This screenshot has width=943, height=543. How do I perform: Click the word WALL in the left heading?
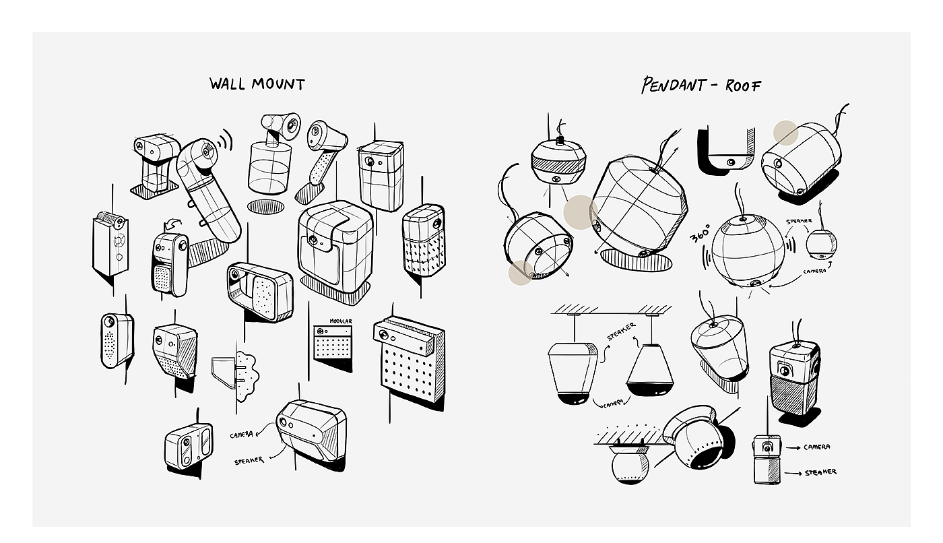(227, 84)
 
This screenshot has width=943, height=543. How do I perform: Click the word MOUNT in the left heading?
(278, 84)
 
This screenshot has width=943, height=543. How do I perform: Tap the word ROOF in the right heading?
(743, 86)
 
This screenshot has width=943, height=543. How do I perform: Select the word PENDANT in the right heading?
(673, 85)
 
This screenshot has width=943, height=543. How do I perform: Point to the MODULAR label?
(341, 321)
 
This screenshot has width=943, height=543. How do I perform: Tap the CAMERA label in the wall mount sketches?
(242, 435)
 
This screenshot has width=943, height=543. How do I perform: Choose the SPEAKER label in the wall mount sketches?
(249, 461)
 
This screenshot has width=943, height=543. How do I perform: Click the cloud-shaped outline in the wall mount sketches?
(247, 377)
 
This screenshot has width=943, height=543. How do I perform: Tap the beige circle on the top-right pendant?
(785, 133)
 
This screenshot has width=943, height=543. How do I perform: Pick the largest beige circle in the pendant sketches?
(581, 212)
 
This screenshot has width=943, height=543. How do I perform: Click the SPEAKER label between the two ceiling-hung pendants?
(621, 331)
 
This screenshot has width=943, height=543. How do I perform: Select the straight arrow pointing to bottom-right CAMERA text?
(793, 447)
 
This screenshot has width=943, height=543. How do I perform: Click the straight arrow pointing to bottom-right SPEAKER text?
(793, 473)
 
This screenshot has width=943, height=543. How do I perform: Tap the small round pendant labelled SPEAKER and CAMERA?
(821, 244)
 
